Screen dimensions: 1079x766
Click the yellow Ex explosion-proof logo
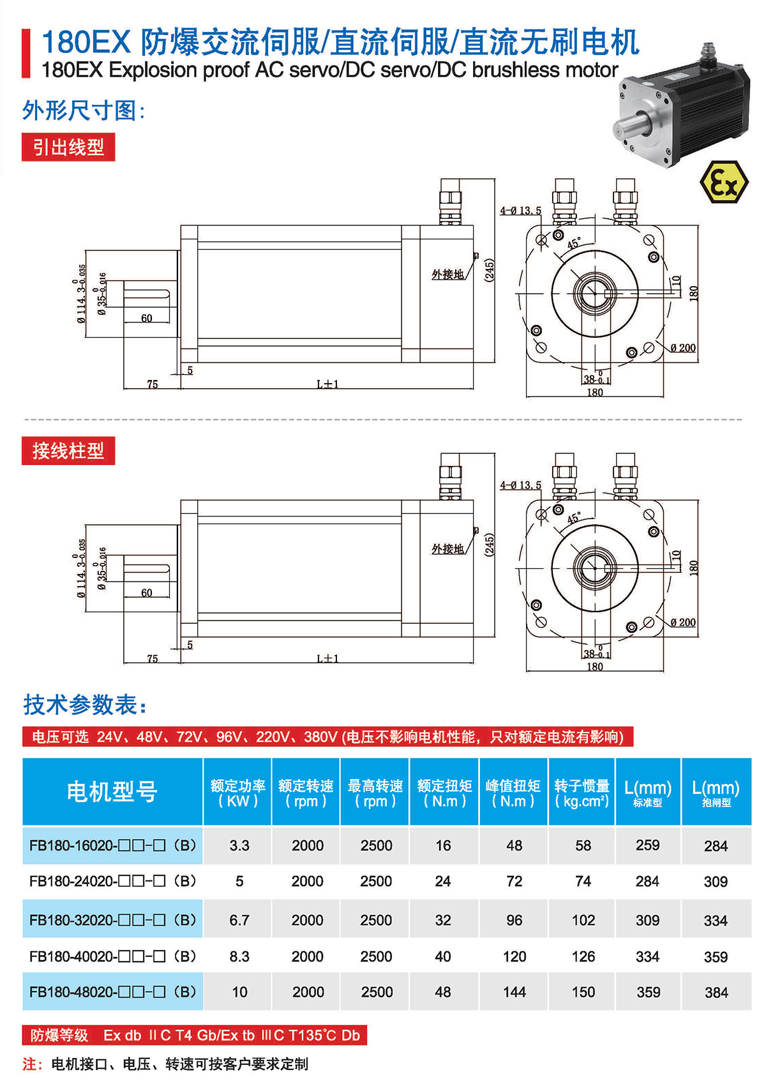[x=723, y=183]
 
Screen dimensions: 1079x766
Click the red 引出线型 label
[x=68, y=147]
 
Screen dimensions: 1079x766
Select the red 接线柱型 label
[x=68, y=451]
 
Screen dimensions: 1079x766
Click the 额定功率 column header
[x=237, y=792]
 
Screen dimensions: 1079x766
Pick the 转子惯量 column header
[x=582, y=792]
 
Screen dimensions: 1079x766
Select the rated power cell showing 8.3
[x=239, y=956]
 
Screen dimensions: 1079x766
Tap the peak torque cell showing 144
[x=514, y=992]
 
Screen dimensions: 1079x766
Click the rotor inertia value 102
[x=583, y=920]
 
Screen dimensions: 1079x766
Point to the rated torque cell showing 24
[x=443, y=882]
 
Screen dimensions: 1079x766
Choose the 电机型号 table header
[x=112, y=792]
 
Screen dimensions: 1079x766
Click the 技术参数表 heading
[x=85, y=705]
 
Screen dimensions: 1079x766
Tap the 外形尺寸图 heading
[x=84, y=110]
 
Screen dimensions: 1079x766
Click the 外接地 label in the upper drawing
[x=447, y=275]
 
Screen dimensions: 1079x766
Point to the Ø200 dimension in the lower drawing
[x=683, y=622]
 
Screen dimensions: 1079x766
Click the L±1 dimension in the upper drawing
[x=327, y=384]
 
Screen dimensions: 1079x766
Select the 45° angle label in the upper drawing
[x=574, y=244]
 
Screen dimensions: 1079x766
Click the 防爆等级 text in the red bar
[x=59, y=1036]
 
